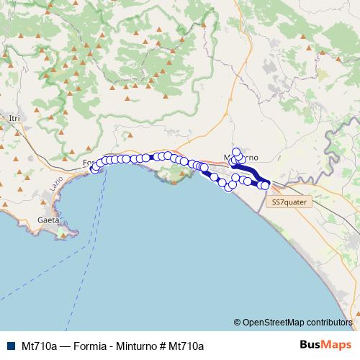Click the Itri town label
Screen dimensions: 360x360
click(x=14, y=117)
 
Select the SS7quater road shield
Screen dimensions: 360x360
click(x=289, y=204)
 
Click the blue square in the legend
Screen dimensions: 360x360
click(x=9, y=346)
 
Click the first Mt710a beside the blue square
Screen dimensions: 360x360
click(x=39, y=346)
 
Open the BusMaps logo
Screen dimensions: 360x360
click(x=326, y=345)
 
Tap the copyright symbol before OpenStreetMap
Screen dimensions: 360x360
click(x=238, y=323)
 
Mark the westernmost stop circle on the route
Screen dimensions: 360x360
click(x=94, y=169)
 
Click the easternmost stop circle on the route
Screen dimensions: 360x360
click(x=265, y=185)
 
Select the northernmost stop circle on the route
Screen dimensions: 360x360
click(x=236, y=152)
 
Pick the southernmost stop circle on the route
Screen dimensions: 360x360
click(x=229, y=188)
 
